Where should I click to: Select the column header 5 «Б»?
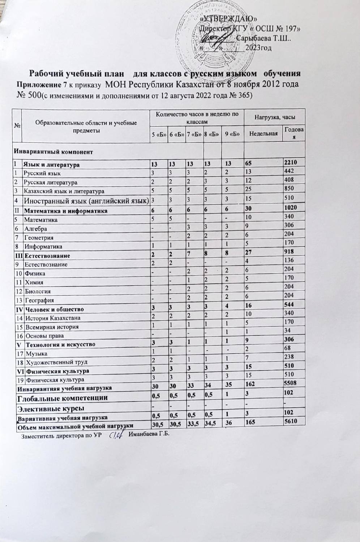pos(158,134)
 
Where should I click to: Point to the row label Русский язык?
pos(42,173)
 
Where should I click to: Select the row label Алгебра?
pos(35,229)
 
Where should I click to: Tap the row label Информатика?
pos(43,247)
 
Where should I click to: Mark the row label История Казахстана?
pos(52,318)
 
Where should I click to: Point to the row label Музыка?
pos(35,353)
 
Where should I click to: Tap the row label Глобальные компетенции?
pos(62,398)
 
